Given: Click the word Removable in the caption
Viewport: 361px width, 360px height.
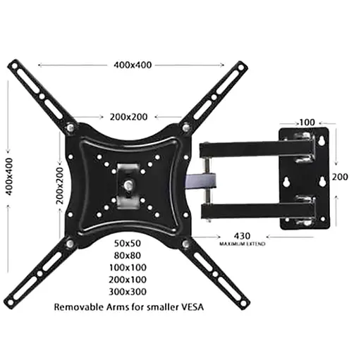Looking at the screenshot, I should (x=78, y=308).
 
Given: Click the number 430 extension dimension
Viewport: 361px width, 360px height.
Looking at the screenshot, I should (x=242, y=236).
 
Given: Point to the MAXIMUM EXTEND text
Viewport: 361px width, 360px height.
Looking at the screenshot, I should (x=241, y=244).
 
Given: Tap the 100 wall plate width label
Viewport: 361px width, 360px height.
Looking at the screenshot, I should (x=306, y=122).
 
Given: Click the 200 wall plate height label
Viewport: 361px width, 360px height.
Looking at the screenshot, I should (x=340, y=178).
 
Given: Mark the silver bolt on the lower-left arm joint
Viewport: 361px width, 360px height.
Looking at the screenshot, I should (x=71, y=244).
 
